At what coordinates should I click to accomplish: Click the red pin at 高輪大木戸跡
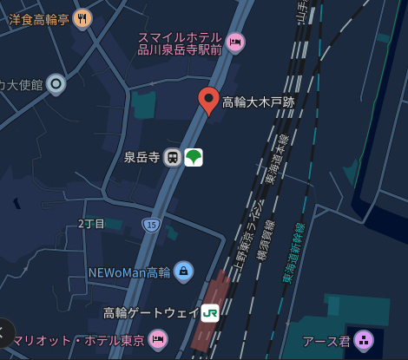[208, 100]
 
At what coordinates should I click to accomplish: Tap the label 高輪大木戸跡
[259, 102]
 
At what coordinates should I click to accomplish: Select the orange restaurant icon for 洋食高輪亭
[83, 17]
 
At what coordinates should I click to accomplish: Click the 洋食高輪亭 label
[39, 19]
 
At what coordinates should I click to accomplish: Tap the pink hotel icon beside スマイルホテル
[234, 42]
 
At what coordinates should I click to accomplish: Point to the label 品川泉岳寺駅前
[180, 49]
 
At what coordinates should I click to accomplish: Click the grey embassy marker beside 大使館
[56, 84]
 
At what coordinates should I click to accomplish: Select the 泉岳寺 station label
[141, 157]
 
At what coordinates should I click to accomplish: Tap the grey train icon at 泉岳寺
[173, 157]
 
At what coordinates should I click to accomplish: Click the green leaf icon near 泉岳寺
[194, 157]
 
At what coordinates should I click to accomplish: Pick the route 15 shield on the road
[152, 225]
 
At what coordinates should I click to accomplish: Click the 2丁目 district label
[91, 224]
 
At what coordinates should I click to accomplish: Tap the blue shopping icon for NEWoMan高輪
[183, 272]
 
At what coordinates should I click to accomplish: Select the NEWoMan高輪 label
[129, 272]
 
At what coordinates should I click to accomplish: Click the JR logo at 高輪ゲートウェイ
[210, 313]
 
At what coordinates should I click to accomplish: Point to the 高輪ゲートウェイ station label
[150, 313]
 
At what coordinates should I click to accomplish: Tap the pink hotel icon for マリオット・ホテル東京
[157, 339]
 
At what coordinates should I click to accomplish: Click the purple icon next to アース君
[364, 341]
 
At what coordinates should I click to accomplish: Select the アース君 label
[326, 342]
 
